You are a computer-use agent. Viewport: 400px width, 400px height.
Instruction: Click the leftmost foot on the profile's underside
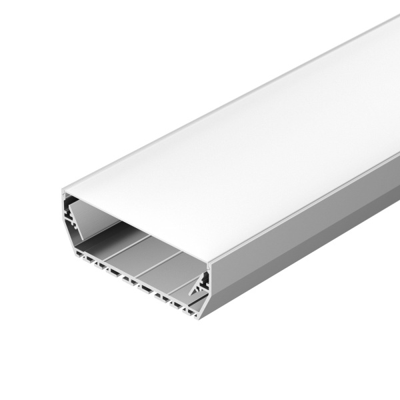point(83,255)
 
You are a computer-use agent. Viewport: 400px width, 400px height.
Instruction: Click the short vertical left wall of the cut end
point(61,213)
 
